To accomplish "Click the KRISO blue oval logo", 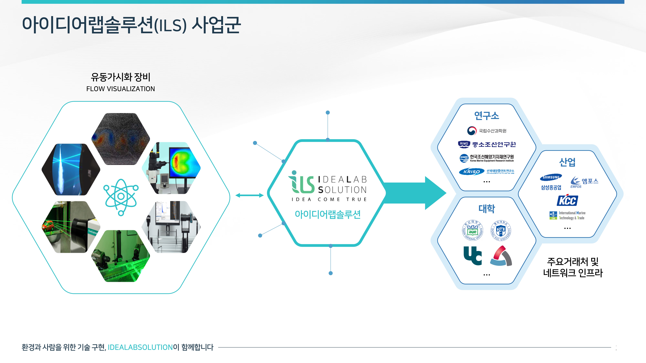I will [471, 172].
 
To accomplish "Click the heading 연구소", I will [487, 116].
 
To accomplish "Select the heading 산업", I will [567, 162].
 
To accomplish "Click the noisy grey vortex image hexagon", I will [121, 139].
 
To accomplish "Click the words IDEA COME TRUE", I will [329, 199].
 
